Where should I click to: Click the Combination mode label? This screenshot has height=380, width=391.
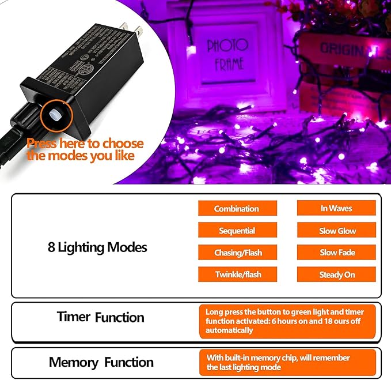pos(237,209)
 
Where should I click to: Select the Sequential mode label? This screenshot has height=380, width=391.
pos(237,231)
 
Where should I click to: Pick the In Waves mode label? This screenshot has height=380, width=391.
pos(336,208)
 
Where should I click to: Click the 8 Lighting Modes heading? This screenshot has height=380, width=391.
pos(97,247)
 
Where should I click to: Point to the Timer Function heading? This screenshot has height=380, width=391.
pos(100,317)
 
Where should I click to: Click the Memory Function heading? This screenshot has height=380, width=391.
pos(101,362)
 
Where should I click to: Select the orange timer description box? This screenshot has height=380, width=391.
pos(287,321)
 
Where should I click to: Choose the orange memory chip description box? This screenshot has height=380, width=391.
pos(287,363)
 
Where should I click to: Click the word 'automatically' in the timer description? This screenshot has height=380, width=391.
pos(229,330)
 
